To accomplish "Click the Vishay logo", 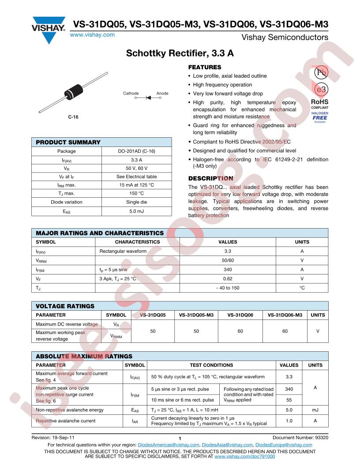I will click(49, 27).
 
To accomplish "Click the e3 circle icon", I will click(320, 90).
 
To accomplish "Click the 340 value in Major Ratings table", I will click(228, 269).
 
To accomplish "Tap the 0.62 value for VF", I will click(228, 278).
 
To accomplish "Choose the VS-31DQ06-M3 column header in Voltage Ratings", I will click(285, 315).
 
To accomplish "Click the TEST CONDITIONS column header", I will click(211, 365).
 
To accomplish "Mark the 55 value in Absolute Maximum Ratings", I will click(289, 400).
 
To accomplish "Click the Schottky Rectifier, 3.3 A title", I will click(180, 54).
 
